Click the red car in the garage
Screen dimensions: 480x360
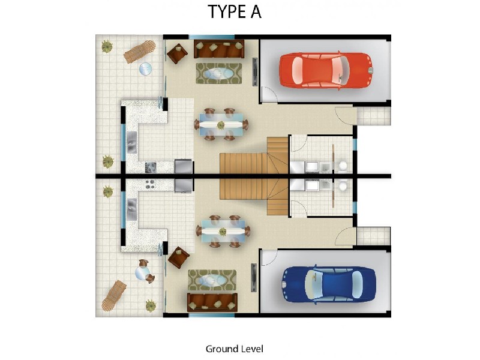click(x=326, y=70)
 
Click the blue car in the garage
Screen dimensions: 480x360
click(x=328, y=284)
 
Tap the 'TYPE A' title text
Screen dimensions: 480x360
click(x=235, y=12)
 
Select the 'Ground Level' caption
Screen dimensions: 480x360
click(x=235, y=349)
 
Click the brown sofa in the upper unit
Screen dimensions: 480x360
click(x=218, y=49)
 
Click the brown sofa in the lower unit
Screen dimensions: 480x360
click(x=212, y=302)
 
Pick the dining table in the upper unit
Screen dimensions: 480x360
click(x=221, y=125)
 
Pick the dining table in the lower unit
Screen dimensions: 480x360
click(x=223, y=232)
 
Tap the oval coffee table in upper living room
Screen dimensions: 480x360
click(x=218, y=73)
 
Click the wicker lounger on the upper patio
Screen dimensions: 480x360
click(x=140, y=52)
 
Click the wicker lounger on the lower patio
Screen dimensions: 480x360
click(x=113, y=295)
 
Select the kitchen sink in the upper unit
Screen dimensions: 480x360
click(x=131, y=142)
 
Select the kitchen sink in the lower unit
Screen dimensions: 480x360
click(x=131, y=209)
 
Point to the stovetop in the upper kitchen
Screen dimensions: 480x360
click(x=151, y=167)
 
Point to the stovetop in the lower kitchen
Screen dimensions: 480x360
click(x=150, y=184)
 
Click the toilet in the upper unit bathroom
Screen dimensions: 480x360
click(x=343, y=167)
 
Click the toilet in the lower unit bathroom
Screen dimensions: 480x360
click(x=343, y=186)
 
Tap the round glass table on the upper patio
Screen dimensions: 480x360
click(x=146, y=69)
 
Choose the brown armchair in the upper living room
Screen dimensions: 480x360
click(x=177, y=53)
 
